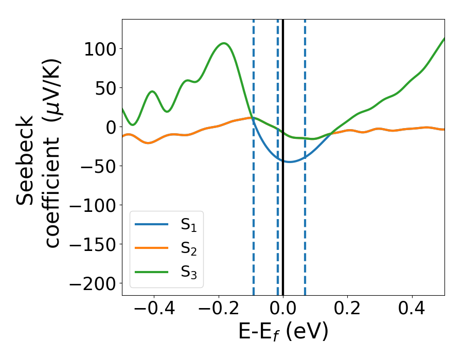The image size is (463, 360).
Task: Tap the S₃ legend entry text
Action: [188, 272]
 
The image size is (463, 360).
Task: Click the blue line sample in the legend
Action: [151, 224]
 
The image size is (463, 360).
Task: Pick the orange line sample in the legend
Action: [151, 248]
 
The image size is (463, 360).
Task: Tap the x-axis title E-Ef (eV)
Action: [283, 333]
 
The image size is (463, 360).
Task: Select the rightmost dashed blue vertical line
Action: [305, 231]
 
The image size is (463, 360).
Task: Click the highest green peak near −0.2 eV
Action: [224, 43]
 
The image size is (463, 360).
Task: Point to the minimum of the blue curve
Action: [289, 162]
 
